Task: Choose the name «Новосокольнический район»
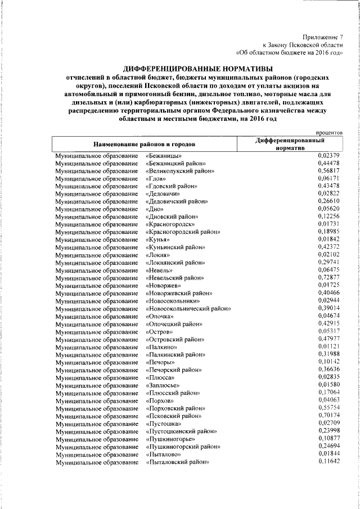(x=188, y=308)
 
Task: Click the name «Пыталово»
(x=164, y=454)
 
